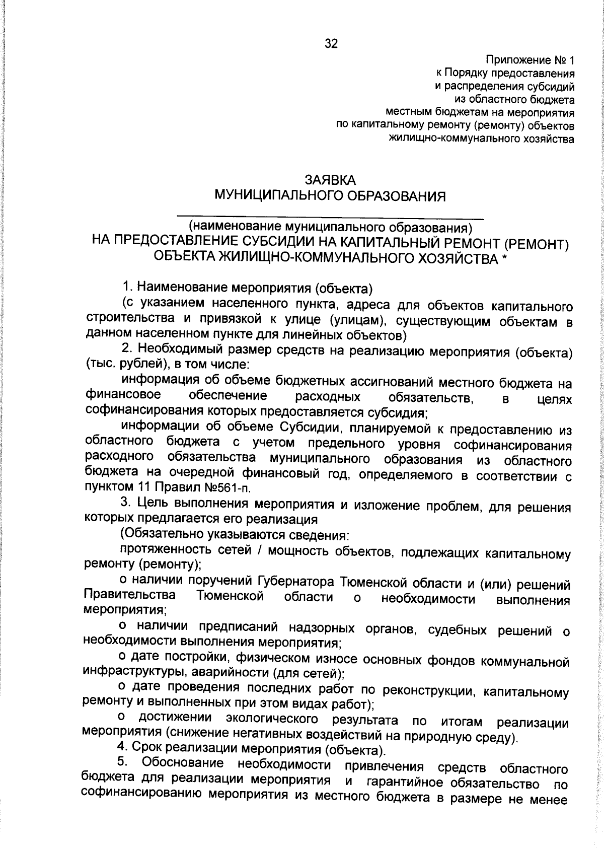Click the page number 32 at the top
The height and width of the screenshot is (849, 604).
[x=331, y=44]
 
